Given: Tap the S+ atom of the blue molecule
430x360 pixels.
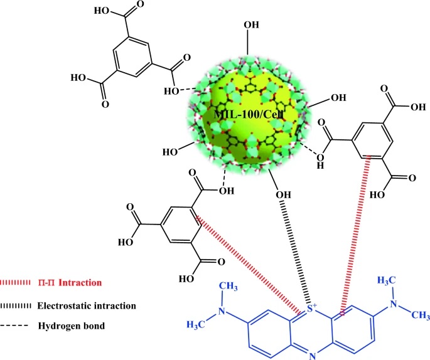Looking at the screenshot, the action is (x=311, y=309).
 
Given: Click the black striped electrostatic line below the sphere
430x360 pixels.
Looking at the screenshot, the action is (x=297, y=251).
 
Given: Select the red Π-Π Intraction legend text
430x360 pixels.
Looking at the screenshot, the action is (x=70, y=282).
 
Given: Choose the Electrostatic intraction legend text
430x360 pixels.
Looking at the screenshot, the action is (x=87, y=305).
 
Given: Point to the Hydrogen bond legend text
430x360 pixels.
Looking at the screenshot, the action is (x=72, y=326).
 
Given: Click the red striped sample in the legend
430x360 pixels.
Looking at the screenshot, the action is (x=15, y=282).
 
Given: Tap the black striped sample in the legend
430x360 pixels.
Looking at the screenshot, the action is (x=15, y=305).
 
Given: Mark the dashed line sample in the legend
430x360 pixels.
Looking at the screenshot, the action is (x=14, y=326).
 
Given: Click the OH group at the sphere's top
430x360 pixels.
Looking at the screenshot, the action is (x=252, y=24).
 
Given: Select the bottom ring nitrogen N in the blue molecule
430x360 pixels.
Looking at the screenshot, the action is (x=312, y=356).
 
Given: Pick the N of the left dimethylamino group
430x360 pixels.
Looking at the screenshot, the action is (x=222, y=312).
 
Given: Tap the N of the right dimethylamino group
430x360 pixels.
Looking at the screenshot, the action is (x=394, y=304).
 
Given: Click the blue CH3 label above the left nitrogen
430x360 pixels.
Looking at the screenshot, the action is (x=228, y=287).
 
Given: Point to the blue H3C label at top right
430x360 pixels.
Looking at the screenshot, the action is (x=387, y=280).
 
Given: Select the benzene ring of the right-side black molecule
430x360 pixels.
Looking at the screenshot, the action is (x=371, y=140).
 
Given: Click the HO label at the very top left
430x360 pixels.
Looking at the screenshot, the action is (x=102, y=11).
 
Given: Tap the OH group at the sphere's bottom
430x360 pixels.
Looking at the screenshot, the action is (x=283, y=195).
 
